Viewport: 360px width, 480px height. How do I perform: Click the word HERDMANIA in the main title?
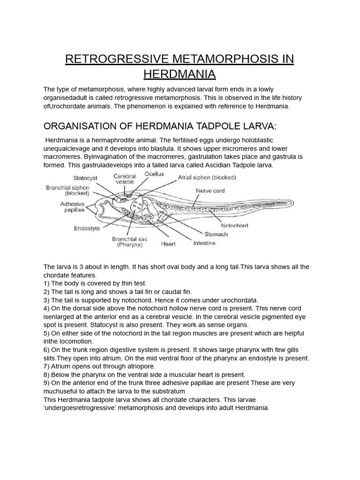[180, 74]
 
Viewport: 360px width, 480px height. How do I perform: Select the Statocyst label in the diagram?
[85, 178]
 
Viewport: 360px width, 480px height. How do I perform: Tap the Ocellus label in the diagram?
[154, 173]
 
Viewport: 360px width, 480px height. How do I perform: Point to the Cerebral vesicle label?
[125, 180]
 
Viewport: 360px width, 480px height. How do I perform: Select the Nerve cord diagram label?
[210, 191]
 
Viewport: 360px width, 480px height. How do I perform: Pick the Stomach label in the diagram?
[216, 234]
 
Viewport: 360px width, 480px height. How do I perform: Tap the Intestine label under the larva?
[204, 243]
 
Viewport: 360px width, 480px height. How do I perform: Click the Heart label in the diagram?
[168, 244]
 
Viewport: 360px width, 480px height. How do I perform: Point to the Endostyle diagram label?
[86, 228]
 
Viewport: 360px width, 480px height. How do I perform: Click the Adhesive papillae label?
[72, 207]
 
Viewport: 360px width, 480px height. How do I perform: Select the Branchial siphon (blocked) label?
[67, 190]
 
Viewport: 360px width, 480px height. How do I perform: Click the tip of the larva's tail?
[293, 203]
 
